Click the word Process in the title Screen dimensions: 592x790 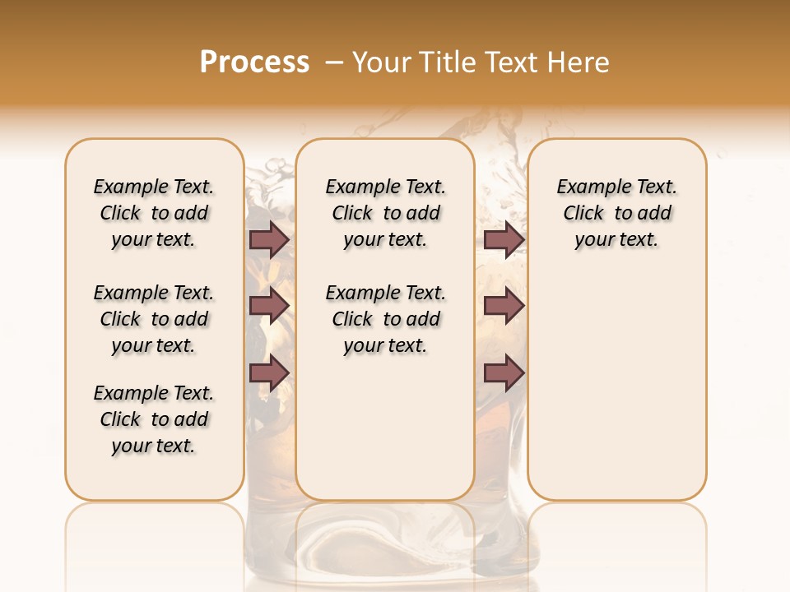(254, 62)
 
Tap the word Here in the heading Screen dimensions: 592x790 (579, 62)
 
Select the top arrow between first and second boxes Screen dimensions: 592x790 (269, 239)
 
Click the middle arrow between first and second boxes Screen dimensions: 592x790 (269, 306)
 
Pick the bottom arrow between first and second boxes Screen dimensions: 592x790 (269, 373)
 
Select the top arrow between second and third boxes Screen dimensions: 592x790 (504, 239)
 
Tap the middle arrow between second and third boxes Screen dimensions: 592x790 (504, 306)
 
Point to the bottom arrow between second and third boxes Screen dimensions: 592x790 (504, 373)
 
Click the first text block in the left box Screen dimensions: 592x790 (154, 213)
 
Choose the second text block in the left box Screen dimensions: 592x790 (154, 319)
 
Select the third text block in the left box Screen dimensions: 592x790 (154, 419)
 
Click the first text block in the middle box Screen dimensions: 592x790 (385, 213)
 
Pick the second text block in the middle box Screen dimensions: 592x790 (385, 319)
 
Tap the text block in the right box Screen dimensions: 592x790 (617, 213)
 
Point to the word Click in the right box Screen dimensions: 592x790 (583, 214)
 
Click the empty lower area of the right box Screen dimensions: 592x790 (617, 386)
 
